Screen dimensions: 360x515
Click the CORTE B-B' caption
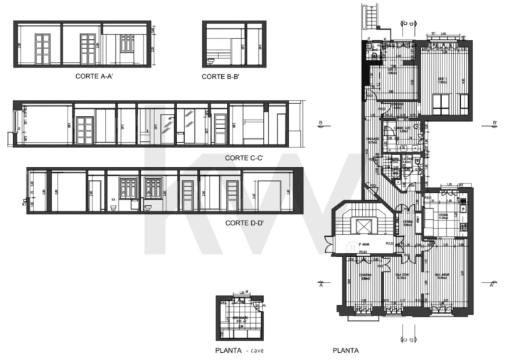pyautogui.click(x=223, y=76)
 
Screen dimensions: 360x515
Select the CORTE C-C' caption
pyautogui.click(x=244, y=158)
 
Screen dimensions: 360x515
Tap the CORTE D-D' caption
pyautogui.click(x=245, y=223)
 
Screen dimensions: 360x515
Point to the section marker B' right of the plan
pyautogui.click(x=494, y=123)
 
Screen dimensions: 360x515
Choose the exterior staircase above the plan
pyautogui.click(x=368, y=14)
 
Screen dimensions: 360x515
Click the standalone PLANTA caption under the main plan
pyautogui.click(x=346, y=351)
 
